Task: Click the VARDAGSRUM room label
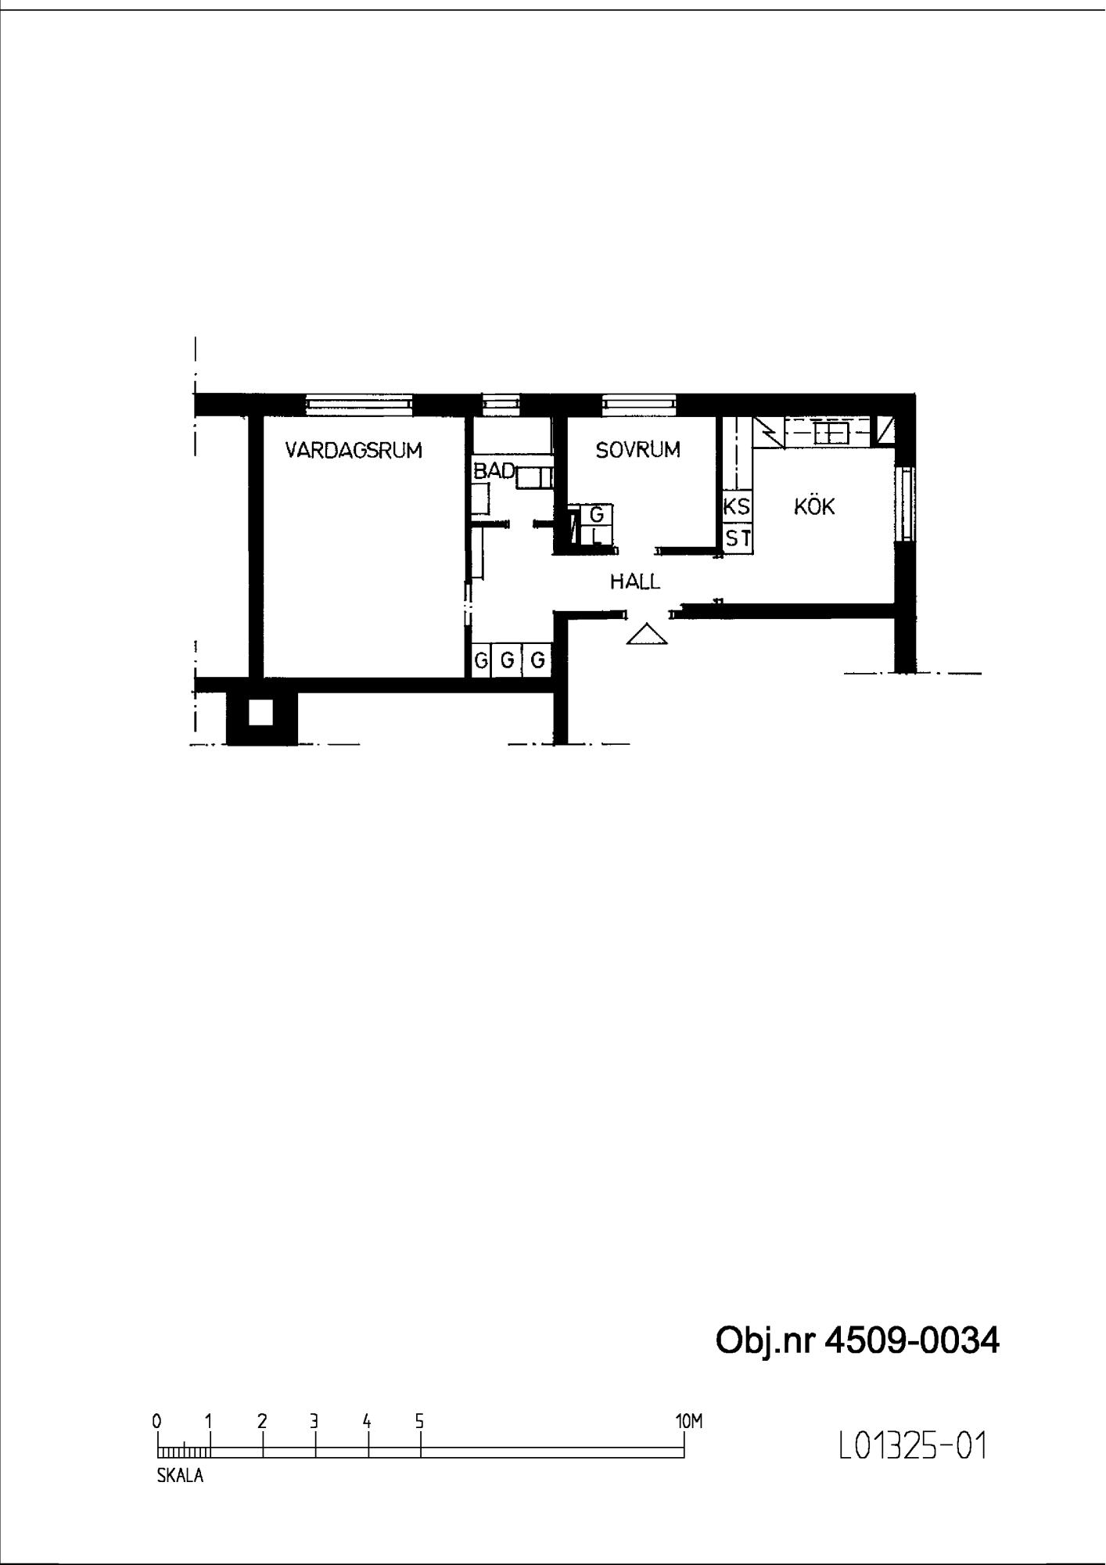[x=354, y=451]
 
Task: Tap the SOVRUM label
[x=637, y=450]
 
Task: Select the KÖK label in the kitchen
[x=814, y=506]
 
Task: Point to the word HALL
[x=635, y=581]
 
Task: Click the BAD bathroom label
[x=494, y=471]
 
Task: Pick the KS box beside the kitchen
[x=737, y=507]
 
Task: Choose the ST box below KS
[x=738, y=538]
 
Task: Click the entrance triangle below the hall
[x=647, y=635]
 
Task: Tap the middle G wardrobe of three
[x=507, y=660]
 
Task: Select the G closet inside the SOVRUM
[x=597, y=515]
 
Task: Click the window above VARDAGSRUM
[x=359, y=404]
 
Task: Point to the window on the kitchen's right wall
[x=906, y=502]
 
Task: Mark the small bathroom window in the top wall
[x=501, y=404]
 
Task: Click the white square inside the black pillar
[x=260, y=712]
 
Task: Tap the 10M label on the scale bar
[x=689, y=1421]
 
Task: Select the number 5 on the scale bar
[x=419, y=1421]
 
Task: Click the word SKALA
[x=180, y=1477]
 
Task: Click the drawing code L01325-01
[x=912, y=1446]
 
